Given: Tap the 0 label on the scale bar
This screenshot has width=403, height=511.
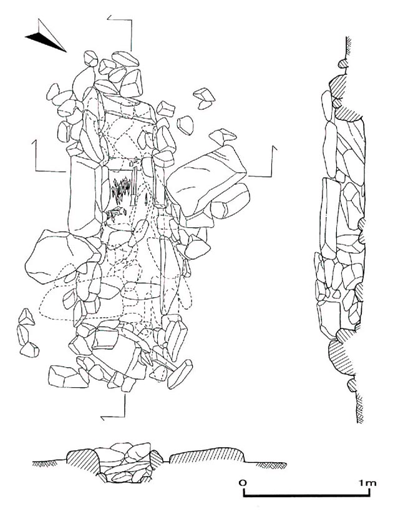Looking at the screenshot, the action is [242, 482].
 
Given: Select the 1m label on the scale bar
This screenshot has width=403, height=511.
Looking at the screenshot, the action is [367, 482].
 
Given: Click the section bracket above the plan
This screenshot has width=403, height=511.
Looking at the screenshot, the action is [120, 32].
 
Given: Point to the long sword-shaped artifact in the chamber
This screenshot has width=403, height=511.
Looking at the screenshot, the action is [134, 184].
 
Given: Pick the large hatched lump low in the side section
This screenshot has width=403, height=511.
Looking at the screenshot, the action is [340, 357].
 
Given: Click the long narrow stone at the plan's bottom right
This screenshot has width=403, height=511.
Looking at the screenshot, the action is [180, 374].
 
